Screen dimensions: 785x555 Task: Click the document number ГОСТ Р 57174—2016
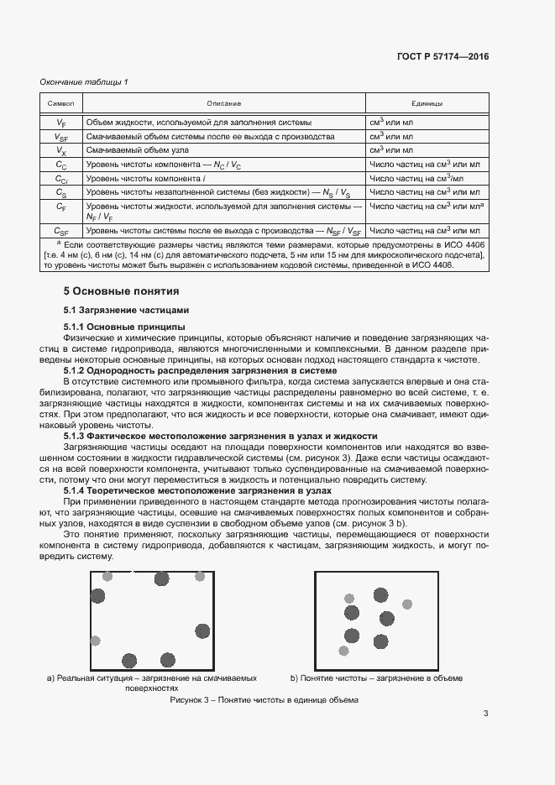pyautogui.click(x=442, y=56)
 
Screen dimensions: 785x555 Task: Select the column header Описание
pyautogui.click(x=223, y=103)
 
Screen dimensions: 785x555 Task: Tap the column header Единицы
pyautogui.click(x=426, y=103)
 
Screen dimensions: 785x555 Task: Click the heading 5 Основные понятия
pyautogui.click(x=121, y=292)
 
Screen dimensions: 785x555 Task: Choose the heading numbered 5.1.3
pyautogui.click(x=220, y=436)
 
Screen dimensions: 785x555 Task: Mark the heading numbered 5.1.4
pyautogui.click(x=197, y=490)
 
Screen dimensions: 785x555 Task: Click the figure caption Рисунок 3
pyautogui.click(x=264, y=699)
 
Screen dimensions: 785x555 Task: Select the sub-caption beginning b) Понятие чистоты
pyautogui.click(x=376, y=678)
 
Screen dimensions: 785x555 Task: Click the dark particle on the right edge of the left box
pyautogui.click(x=202, y=631)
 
